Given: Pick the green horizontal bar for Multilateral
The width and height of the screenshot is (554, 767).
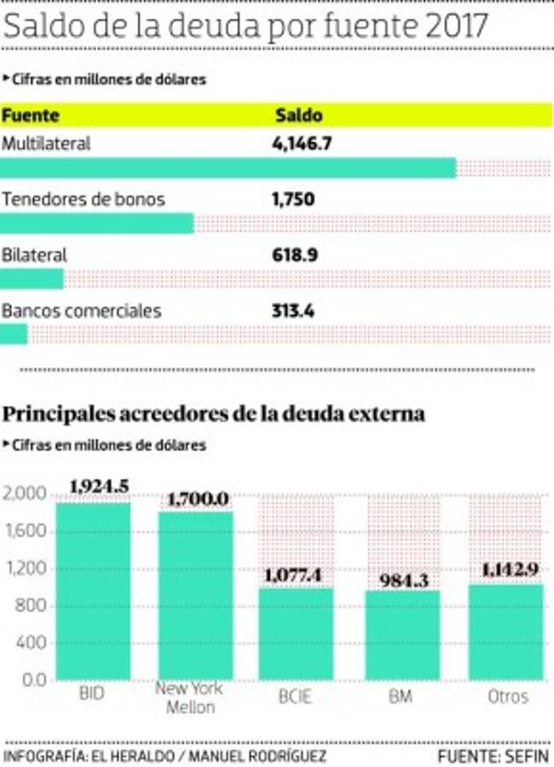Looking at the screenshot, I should [x=228, y=168].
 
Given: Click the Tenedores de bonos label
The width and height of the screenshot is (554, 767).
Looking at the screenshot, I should [x=84, y=199].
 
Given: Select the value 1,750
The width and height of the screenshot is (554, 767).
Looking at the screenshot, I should [x=293, y=199].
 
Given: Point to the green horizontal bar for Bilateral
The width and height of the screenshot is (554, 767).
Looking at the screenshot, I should [x=32, y=279].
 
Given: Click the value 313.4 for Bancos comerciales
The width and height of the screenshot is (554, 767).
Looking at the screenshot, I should [x=293, y=311].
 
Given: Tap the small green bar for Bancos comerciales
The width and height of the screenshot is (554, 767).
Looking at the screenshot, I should [x=14, y=334].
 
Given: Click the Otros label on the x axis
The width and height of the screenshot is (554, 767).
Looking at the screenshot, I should [x=508, y=696].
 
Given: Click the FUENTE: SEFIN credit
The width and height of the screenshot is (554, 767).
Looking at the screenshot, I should [x=493, y=755].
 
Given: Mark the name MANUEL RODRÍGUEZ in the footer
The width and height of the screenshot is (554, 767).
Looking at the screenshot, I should [x=258, y=755].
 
